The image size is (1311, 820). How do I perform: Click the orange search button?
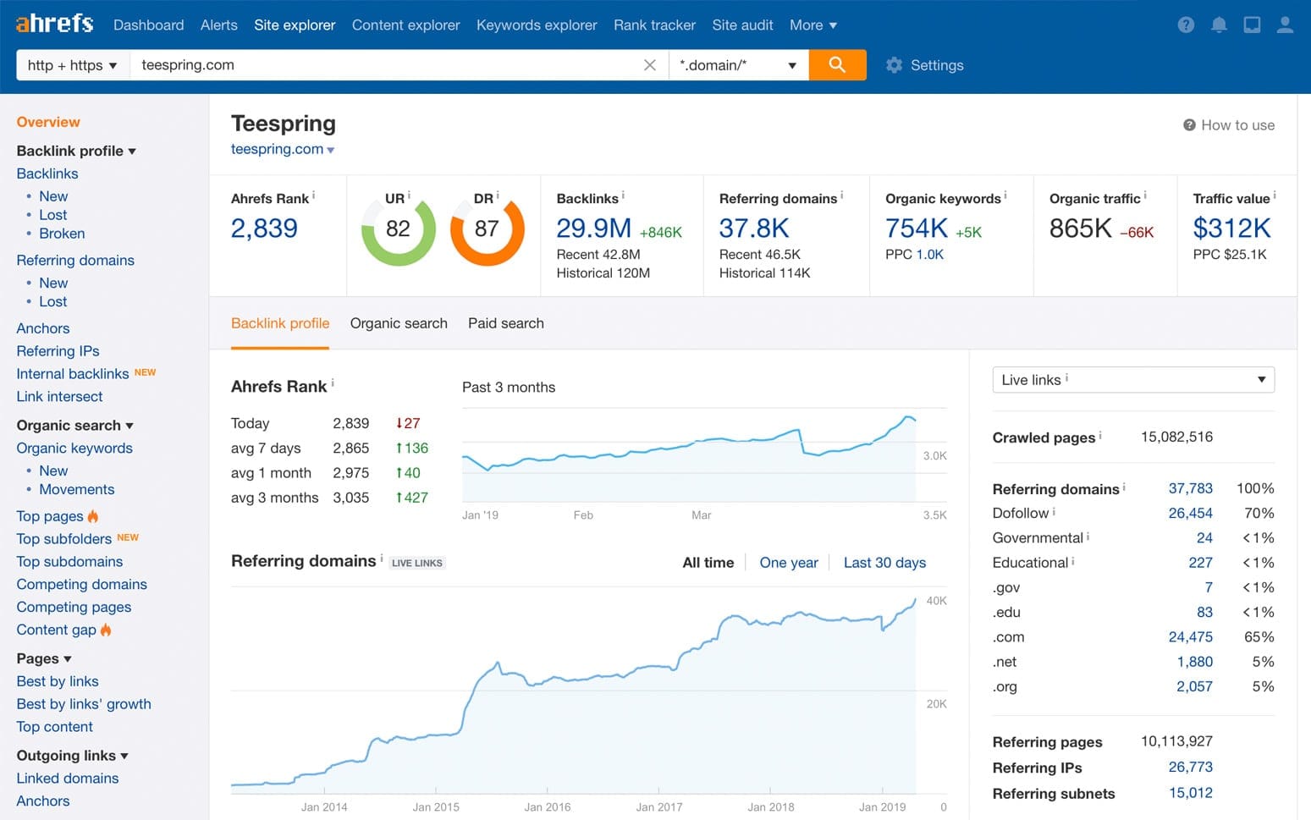[836, 65]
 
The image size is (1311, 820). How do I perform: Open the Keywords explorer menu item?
[537, 25]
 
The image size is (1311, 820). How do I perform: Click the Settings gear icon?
[894, 65]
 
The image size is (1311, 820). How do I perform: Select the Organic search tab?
[399, 323]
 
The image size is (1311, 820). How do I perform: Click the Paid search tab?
[505, 323]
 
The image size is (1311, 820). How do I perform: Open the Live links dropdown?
[1132, 380]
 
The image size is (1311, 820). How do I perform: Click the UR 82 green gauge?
[398, 229]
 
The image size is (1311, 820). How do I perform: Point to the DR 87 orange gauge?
[487, 229]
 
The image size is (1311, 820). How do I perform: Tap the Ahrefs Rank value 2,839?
[264, 228]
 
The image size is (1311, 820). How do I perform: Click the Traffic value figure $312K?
[1231, 228]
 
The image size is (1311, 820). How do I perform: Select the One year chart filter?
[788, 563]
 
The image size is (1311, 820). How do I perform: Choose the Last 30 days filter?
[884, 563]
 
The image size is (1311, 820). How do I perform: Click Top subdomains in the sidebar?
[69, 562]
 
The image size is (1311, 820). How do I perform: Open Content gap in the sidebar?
[57, 630]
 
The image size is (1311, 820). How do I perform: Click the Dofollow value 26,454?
[1190, 514]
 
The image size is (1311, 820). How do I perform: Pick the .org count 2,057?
[1193, 687]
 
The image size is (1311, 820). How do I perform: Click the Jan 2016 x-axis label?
[547, 807]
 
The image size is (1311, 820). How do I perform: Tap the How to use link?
[1237, 125]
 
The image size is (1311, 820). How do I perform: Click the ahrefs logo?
[54, 24]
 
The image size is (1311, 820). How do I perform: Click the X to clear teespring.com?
[649, 65]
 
